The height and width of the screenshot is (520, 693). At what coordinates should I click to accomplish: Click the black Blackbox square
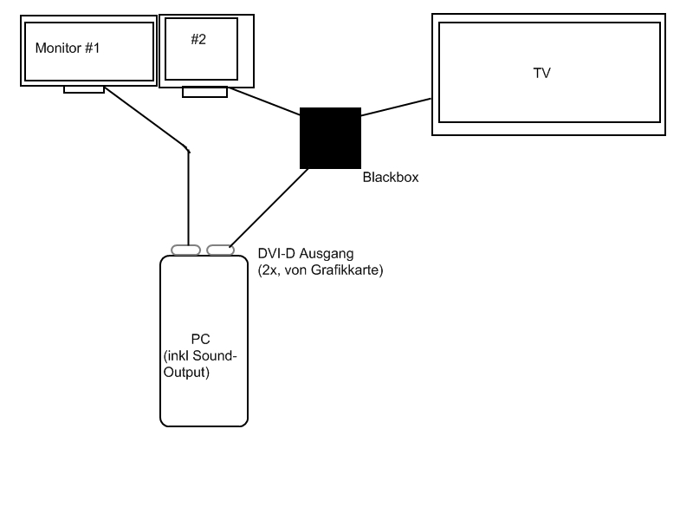(330, 138)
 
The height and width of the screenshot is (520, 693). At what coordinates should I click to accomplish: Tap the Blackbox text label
(391, 178)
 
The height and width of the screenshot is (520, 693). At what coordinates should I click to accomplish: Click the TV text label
(542, 73)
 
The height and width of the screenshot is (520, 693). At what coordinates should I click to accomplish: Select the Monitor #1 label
(68, 48)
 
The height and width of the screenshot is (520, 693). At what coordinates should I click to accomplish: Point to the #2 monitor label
(198, 39)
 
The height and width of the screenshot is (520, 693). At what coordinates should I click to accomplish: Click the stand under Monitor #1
(84, 89)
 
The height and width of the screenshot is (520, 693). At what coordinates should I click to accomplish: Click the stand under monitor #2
(204, 92)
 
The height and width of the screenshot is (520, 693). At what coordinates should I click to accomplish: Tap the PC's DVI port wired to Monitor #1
(185, 250)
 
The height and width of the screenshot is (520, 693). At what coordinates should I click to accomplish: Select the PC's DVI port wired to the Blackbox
(221, 250)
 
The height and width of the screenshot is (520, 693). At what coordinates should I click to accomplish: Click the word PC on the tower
(200, 339)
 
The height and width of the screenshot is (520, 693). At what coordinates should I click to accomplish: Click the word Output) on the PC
(186, 373)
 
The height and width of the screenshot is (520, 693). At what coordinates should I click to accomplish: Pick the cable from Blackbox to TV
(396, 107)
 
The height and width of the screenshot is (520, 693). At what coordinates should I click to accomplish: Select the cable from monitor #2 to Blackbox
(264, 101)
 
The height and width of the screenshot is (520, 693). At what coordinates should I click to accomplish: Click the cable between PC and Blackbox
(269, 208)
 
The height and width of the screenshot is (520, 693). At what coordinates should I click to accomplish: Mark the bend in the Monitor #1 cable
(188, 150)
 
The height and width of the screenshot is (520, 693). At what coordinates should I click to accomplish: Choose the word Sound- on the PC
(215, 355)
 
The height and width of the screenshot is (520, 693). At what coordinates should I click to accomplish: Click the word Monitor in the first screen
(58, 48)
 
